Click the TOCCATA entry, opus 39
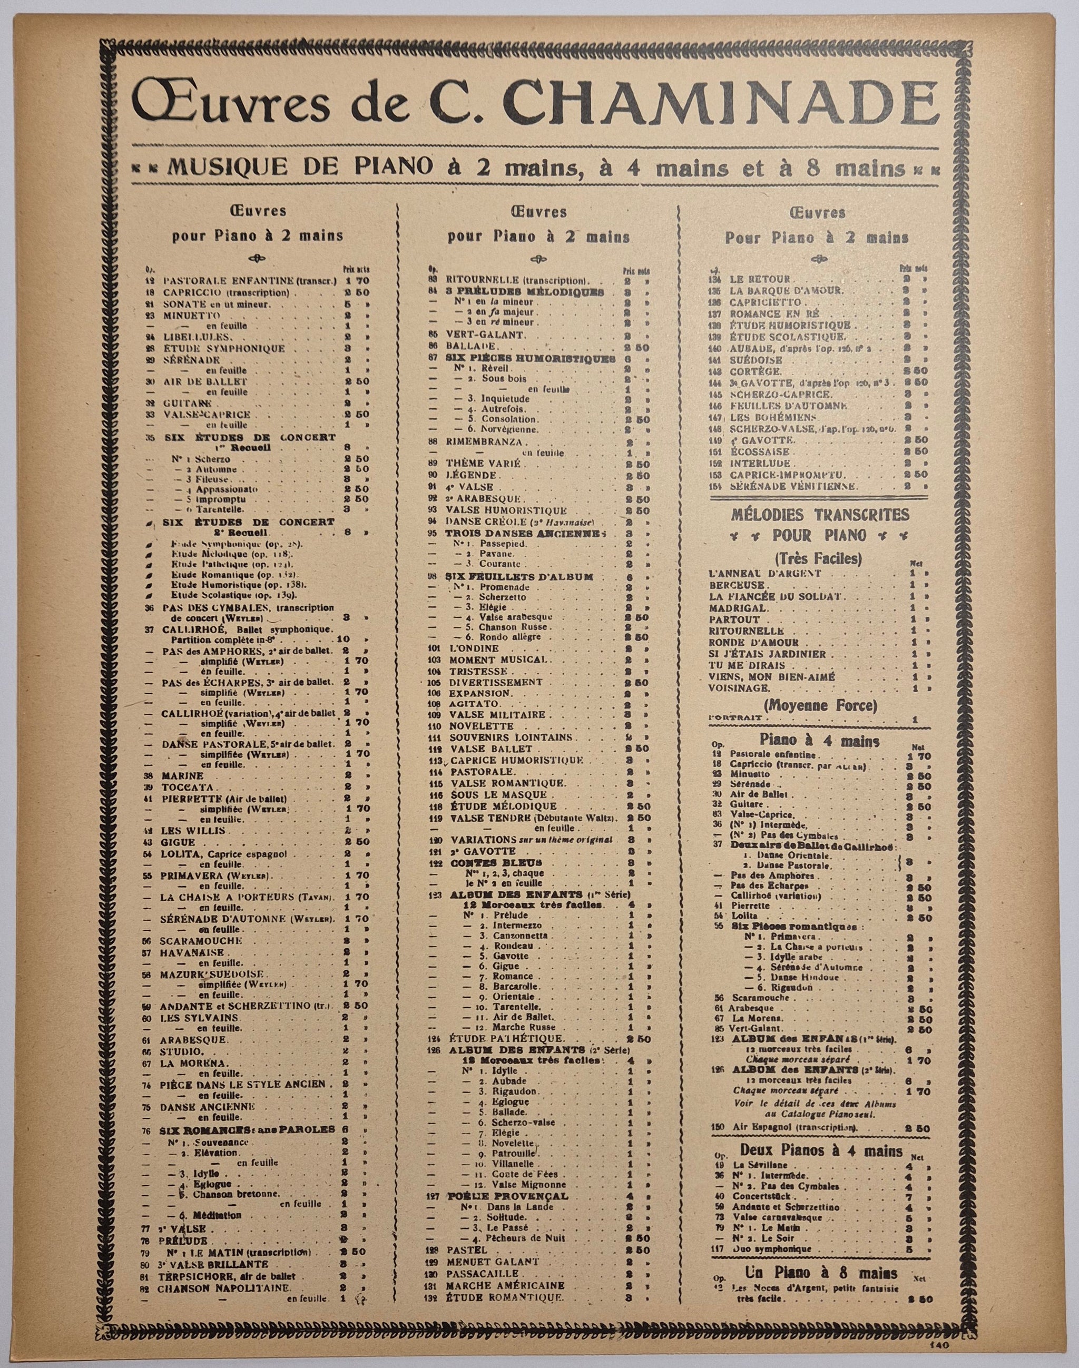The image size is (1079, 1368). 184,787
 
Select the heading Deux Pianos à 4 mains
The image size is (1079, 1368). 821,1151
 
